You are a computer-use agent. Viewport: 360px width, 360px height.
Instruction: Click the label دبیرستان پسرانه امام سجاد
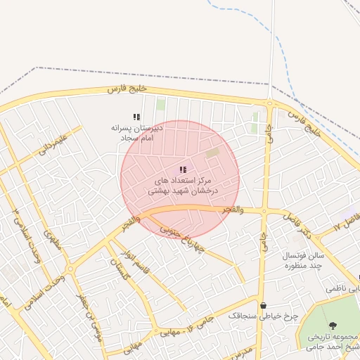click(136, 134)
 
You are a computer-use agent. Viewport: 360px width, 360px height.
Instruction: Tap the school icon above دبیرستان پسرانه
click(136, 117)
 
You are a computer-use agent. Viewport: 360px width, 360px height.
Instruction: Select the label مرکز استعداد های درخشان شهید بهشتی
click(183, 186)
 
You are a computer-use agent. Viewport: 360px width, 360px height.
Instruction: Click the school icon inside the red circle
click(183, 169)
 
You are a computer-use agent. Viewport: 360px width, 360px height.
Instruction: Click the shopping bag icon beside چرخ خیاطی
click(263, 305)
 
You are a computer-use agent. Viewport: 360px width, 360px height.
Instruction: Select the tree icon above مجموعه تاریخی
click(333, 326)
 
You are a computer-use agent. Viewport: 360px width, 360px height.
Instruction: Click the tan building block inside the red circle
click(212, 152)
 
